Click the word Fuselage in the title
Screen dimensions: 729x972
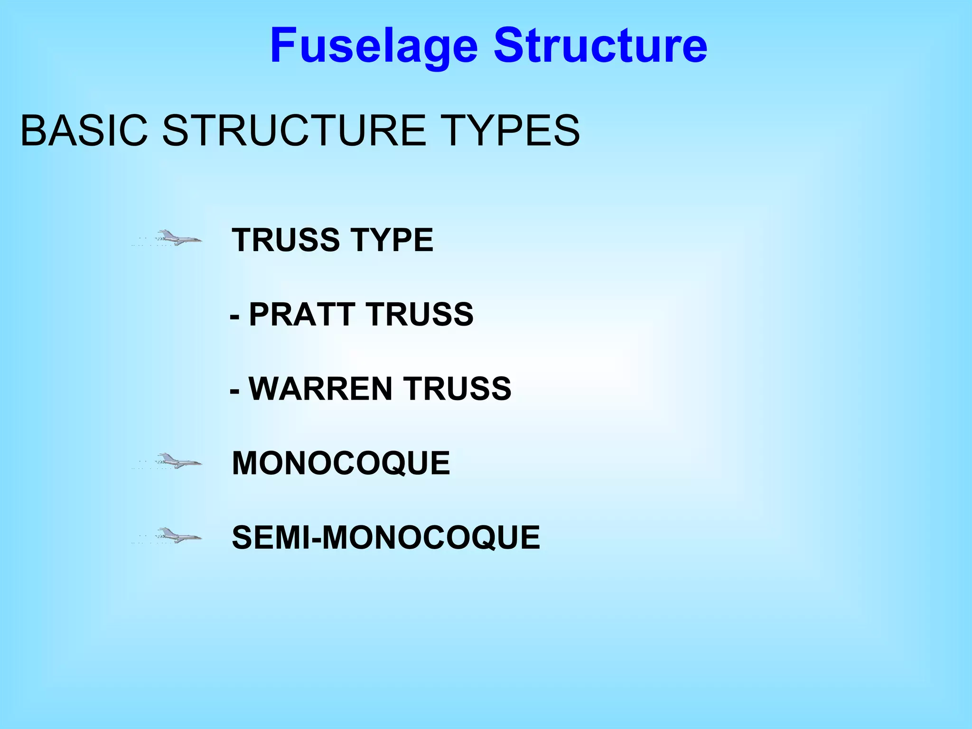tap(374, 46)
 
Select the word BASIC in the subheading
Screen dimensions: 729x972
tap(84, 131)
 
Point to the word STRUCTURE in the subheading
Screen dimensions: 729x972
tap(294, 131)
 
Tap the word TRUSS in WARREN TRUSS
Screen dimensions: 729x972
tap(458, 389)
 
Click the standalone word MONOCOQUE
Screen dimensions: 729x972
tap(341, 463)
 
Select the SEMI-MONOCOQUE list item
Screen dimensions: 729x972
tap(385, 538)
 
